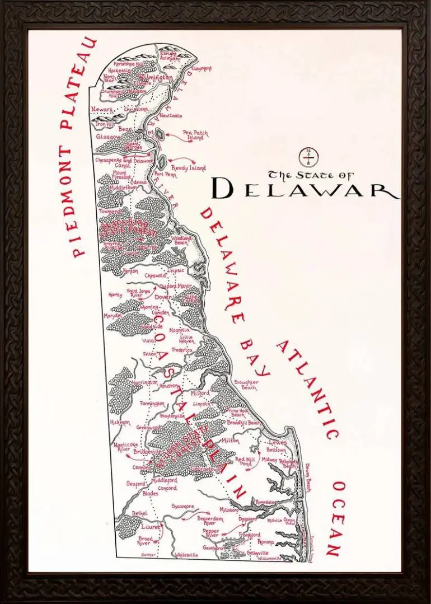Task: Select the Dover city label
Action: pos(162,297)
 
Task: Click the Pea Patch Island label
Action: pos(195,135)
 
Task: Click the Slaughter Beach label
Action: pos(246,385)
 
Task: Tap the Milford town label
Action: pos(200,394)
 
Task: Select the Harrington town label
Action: pos(145,382)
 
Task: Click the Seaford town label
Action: pos(135,484)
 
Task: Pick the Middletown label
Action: pos(124,188)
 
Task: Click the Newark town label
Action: pos(103,109)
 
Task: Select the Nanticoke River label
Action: pos(122,445)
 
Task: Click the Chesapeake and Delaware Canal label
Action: pos(124,163)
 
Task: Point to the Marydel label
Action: pos(113,316)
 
